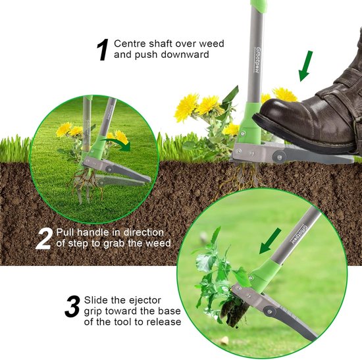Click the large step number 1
[x=103, y=49]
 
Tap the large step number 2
[x=43, y=238]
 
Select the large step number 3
[x=72, y=307]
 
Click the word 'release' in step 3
[x=164, y=322]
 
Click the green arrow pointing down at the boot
[x=305, y=66]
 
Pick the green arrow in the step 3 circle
[x=270, y=241]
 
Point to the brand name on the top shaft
[x=258, y=61]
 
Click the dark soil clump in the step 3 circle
[x=234, y=311]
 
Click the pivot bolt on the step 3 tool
[x=269, y=311]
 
